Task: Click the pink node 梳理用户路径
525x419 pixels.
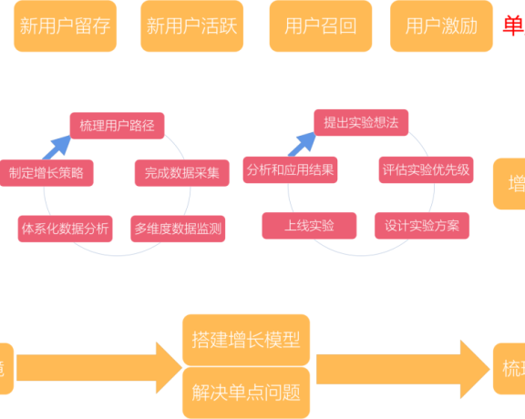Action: (117, 126)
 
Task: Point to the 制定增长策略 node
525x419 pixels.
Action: (46, 172)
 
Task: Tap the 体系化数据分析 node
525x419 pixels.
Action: (65, 228)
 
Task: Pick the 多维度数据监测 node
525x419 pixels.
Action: (178, 228)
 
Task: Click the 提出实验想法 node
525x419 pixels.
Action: (361, 121)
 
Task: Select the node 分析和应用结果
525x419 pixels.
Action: (290, 169)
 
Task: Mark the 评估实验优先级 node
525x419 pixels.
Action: (426, 169)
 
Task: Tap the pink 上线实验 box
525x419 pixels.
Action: (309, 225)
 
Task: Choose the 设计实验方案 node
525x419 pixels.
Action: (422, 225)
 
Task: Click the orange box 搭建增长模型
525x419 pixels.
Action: (246, 339)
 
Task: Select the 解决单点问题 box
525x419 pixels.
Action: (246, 393)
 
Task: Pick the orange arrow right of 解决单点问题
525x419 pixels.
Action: (401, 368)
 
